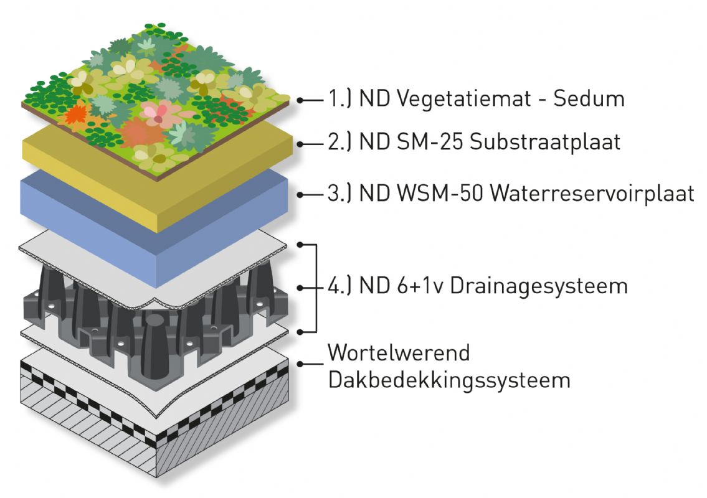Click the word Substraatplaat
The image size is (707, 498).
(545, 143)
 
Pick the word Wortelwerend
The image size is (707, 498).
(399, 353)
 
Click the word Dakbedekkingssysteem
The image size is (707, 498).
(448, 380)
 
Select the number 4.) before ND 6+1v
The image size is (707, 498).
(340, 287)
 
